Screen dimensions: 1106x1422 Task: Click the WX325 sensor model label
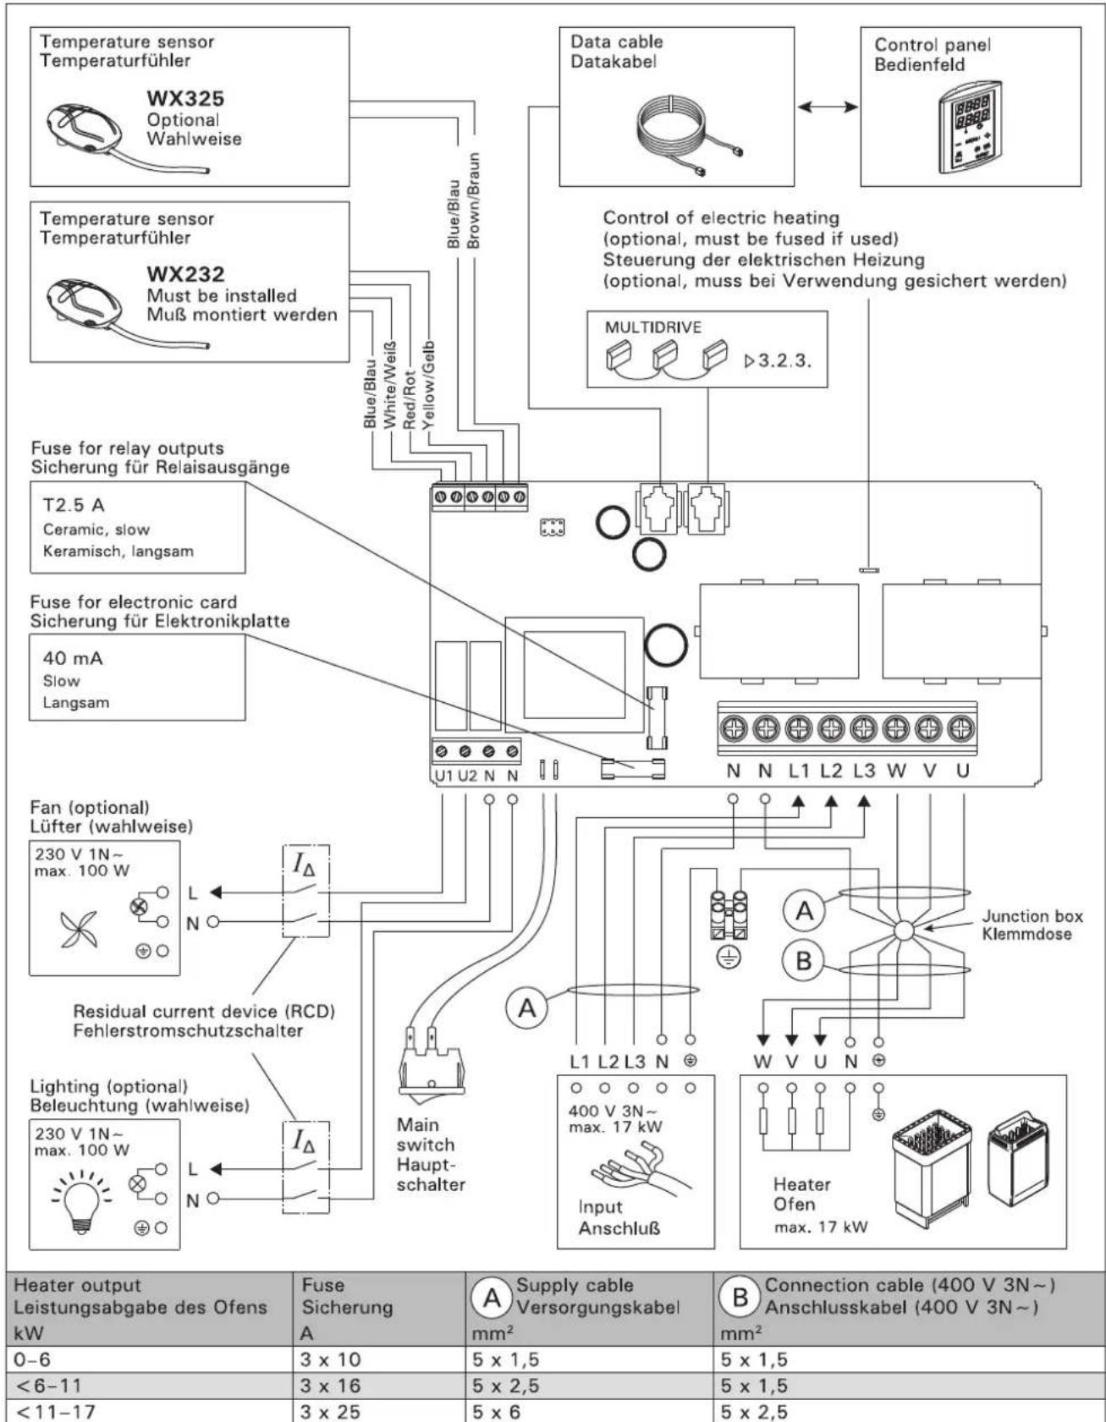point(185,98)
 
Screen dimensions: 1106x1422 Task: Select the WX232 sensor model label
point(185,275)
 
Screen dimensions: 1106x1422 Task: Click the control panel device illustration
point(971,127)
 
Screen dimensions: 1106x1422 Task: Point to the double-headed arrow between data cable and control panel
point(827,107)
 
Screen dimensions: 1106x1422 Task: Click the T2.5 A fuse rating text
point(74,505)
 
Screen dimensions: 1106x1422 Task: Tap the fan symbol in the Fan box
point(80,929)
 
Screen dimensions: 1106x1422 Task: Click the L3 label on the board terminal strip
point(864,771)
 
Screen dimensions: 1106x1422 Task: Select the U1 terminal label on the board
point(443,775)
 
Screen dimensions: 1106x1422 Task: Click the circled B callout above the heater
point(804,961)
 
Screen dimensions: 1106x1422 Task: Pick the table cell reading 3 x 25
point(332,1412)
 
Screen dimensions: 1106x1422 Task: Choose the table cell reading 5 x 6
point(497,1412)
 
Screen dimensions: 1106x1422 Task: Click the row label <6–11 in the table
point(43,1386)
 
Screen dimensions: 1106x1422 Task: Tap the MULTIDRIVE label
point(652,327)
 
